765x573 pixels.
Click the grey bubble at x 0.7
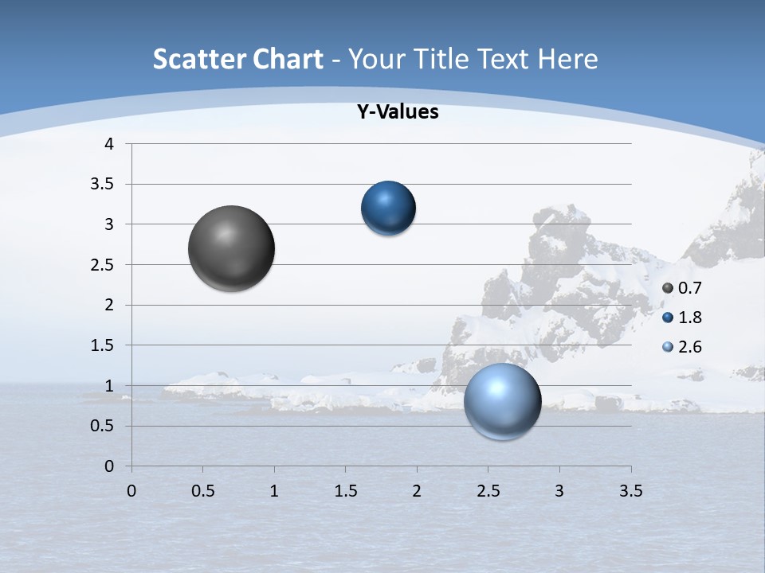(x=232, y=248)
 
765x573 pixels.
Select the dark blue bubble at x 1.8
(x=388, y=209)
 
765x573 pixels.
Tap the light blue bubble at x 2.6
(x=502, y=402)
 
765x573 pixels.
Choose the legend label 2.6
(x=689, y=347)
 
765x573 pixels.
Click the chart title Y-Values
(x=398, y=112)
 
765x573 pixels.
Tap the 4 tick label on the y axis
(x=109, y=144)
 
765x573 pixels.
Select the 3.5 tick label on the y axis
(x=104, y=185)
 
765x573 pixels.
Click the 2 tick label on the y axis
(x=109, y=305)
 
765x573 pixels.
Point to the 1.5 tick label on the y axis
(x=104, y=345)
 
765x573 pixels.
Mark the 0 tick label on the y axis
(x=109, y=466)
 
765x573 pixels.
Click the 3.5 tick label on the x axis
(x=630, y=491)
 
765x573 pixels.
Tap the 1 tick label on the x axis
(x=274, y=491)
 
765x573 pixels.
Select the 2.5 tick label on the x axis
(x=488, y=491)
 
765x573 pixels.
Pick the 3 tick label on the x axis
(x=559, y=491)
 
